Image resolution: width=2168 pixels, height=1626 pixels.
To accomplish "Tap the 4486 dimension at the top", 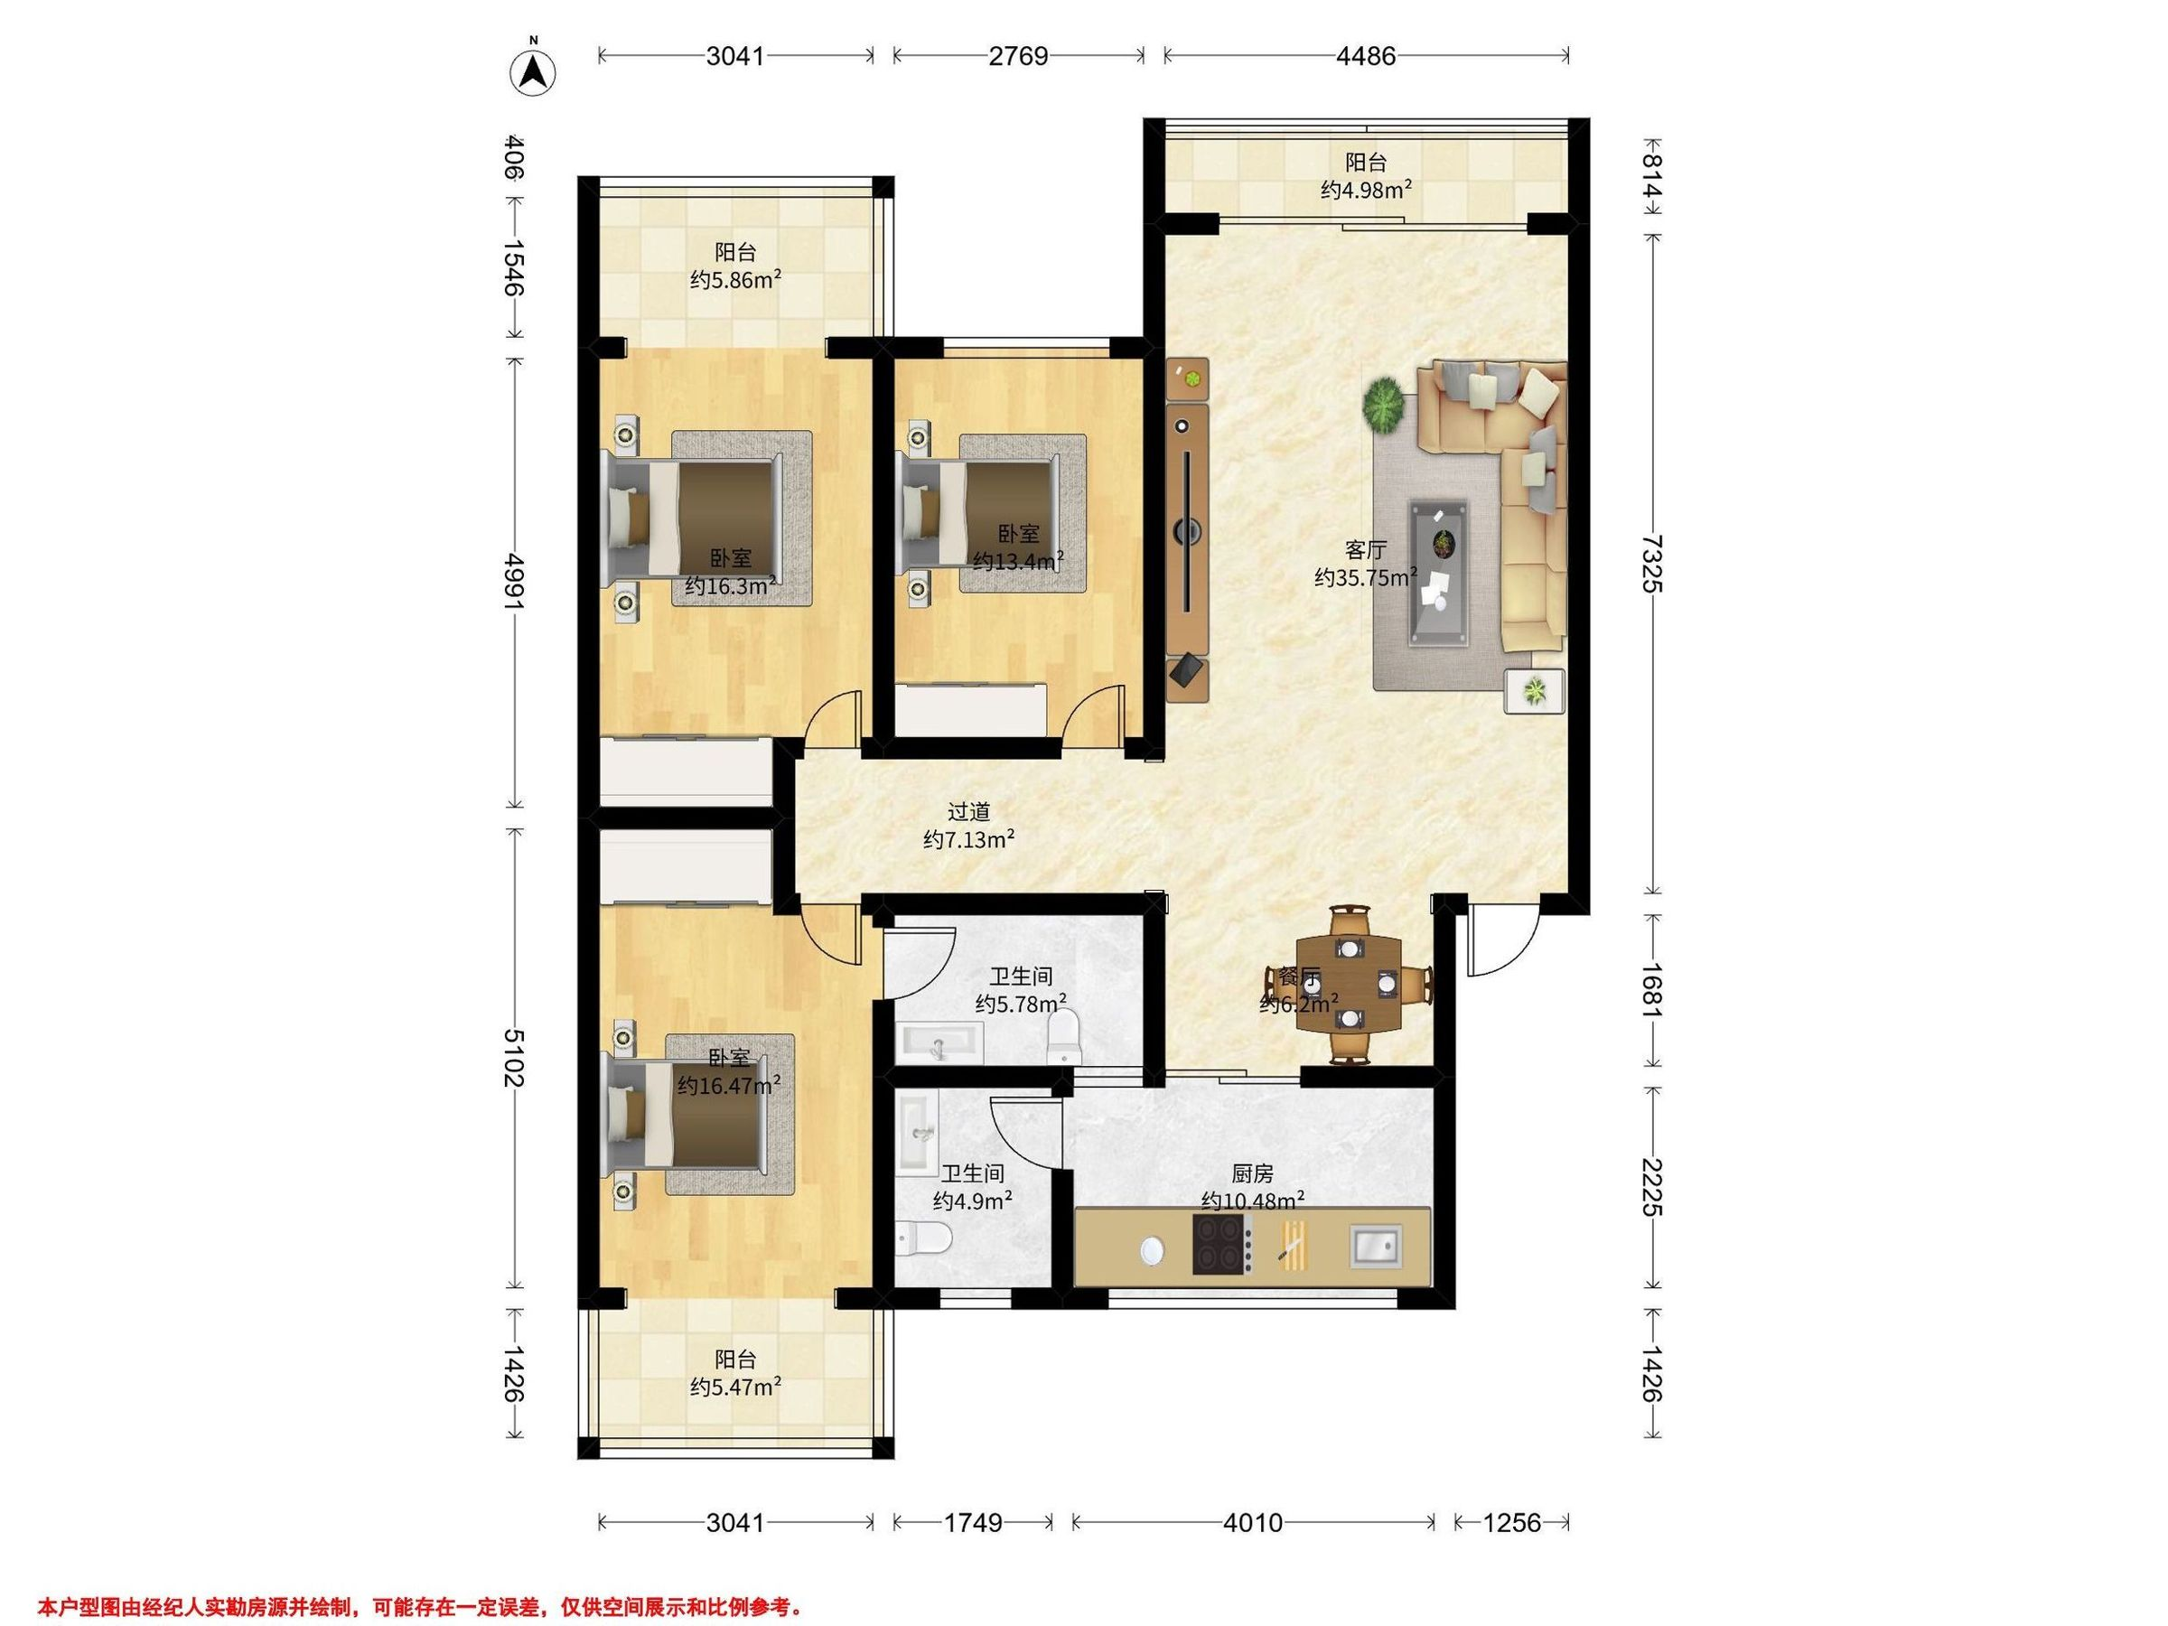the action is [x=1366, y=56].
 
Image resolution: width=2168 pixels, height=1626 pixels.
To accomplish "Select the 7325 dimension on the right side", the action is [x=1652, y=564].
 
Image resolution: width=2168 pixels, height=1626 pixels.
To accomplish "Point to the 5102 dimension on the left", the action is [x=514, y=1059].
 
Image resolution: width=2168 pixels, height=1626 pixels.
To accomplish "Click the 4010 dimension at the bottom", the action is [x=1254, y=1522].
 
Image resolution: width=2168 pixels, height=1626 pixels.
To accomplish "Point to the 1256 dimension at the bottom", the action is [x=1512, y=1522].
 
